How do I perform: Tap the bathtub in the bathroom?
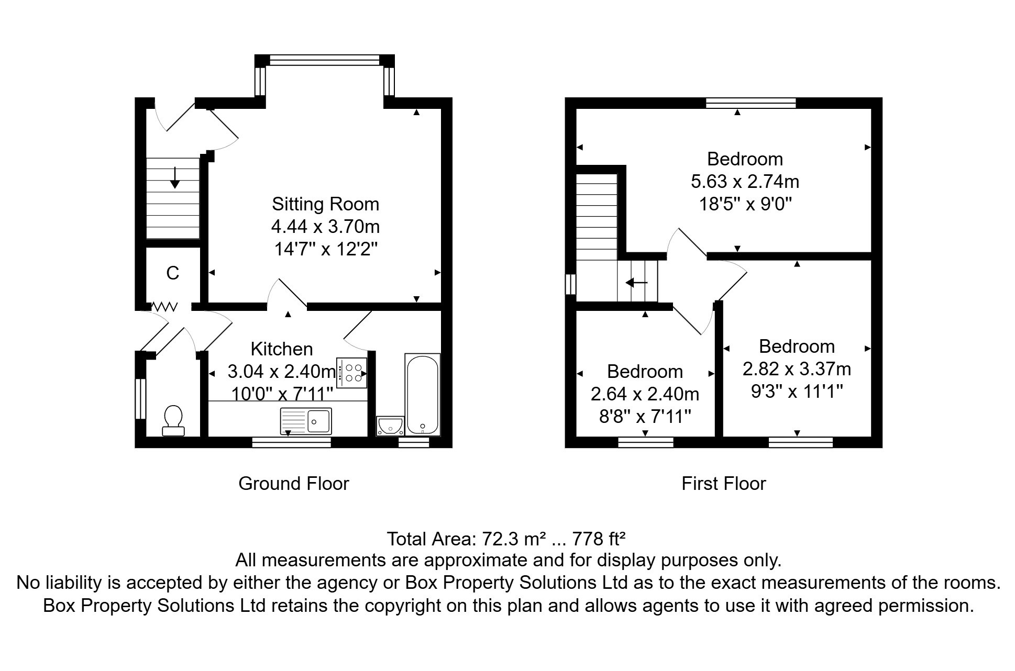pyautogui.click(x=422, y=394)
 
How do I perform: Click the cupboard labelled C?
pyautogui.click(x=173, y=273)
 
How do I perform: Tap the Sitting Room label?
pyautogui.click(x=325, y=204)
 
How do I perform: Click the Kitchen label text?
pyautogui.click(x=282, y=349)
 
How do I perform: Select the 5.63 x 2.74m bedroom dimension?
pyautogui.click(x=745, y=182)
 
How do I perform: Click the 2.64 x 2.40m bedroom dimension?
pyautogui.click(x=645, y=394)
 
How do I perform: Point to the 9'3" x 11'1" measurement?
pyautogui.click(x=797, y=391)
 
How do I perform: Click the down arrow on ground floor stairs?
pyautogui.click(x=175, y=178)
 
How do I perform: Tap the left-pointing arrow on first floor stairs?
pyautogui.click(x=636, y=283)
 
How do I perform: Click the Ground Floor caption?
pyautogui.click(x=293, y=484)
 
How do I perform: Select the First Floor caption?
pyautogui.click(x=723, y=484)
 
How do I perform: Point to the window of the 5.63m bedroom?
pyautogui.click(x=751, y=103)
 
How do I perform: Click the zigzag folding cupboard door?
pyautogui.click(x=165, y=306)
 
